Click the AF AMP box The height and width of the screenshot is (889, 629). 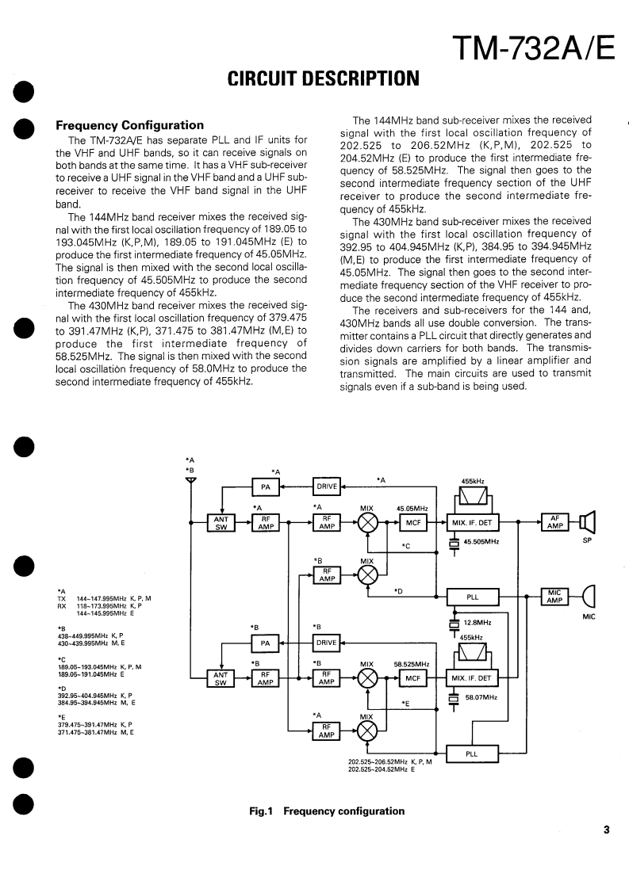554,522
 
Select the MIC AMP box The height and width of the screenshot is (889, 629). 554,596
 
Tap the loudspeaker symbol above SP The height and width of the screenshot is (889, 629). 587,522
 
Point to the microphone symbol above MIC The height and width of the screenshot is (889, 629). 588,596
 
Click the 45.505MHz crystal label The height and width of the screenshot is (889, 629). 481,542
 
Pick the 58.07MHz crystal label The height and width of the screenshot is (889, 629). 481,697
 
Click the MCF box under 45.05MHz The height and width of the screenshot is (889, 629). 413,522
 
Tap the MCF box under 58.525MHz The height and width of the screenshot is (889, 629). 413,678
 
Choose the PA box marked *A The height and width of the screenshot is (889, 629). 266,486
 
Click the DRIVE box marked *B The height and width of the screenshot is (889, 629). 327,643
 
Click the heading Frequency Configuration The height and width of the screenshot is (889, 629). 129,125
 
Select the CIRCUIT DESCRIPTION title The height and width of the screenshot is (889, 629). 323,78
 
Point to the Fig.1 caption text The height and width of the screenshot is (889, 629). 327,811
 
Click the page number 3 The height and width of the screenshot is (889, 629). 606,830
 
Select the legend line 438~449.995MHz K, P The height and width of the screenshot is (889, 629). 90,635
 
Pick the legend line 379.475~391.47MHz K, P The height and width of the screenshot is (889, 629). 94,724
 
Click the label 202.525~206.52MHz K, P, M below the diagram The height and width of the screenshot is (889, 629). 389,761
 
